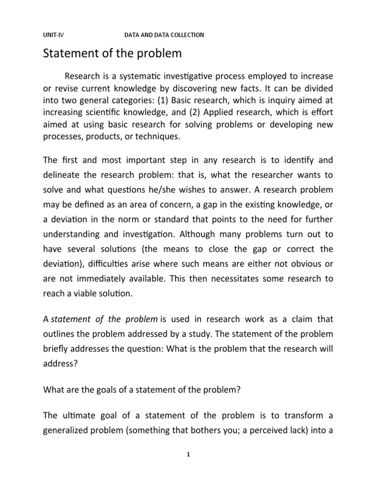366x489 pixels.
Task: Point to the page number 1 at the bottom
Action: click(x=189, y=454)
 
